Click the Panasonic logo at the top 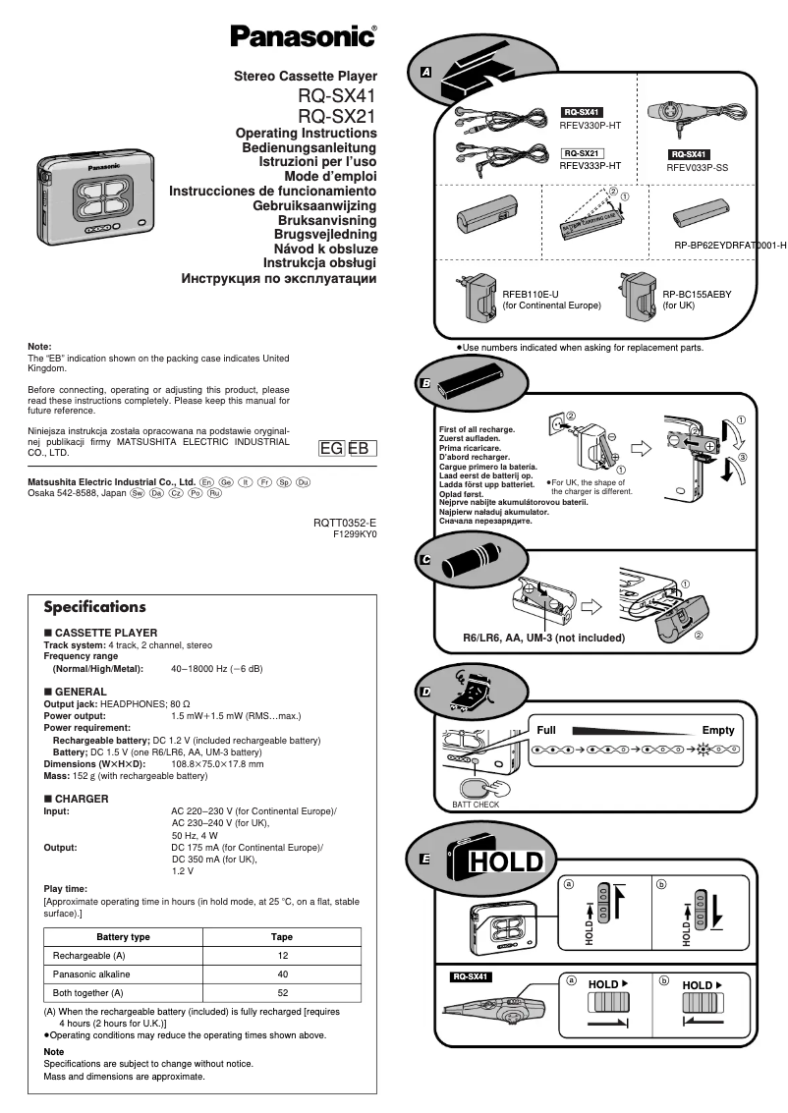click(x=303, y=38)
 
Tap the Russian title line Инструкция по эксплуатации click(x=279, y=278)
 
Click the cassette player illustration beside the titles click(x=94, y=193)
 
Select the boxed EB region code click(x=359, y=449)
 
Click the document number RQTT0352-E click(x=345, y=523)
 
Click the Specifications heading click(x=94, y=607)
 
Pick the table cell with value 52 click(x=283, y=992)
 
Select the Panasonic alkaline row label click(x=91, y=974)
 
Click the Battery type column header click(x=123, y=937)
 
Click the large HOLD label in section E click(x=505, y=863)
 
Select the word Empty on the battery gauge click(x=717, y=730)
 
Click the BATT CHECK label click(x=475, y=805)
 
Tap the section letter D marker click(x=425, y=693)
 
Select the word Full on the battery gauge click(x=546, y=730)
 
